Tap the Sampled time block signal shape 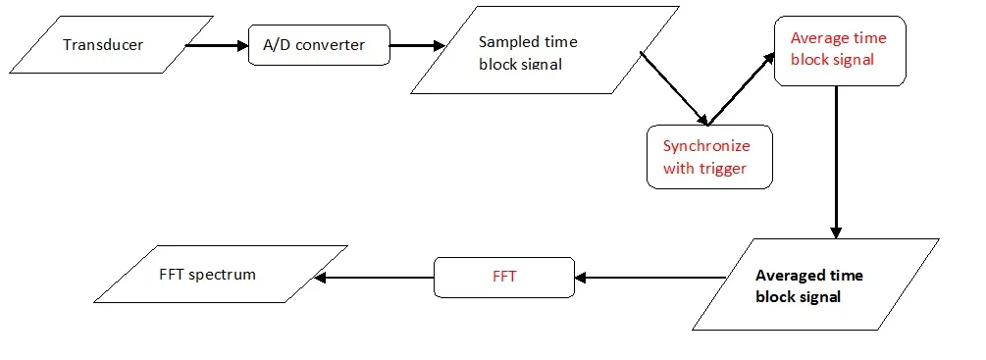click(x=545, y=52)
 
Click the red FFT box click(x=504, y=277)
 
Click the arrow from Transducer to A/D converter click(x=215, y=45)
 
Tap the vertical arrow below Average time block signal click(x=835, y=162)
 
